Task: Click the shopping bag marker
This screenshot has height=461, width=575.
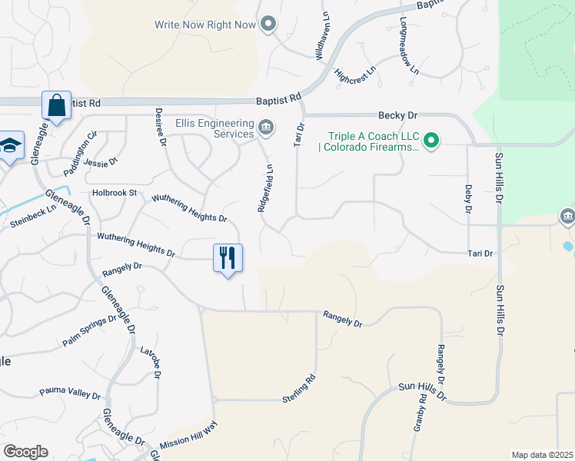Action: point(57,105)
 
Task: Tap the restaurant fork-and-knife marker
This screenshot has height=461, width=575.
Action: point(228,257)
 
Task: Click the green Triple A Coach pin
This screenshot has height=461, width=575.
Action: point(431,139)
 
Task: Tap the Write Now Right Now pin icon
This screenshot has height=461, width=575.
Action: point(268,25)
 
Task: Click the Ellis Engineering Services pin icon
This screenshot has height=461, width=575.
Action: point(266,128)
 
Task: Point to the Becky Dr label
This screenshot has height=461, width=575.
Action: point(397,115)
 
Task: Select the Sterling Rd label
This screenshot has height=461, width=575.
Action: point(300,389)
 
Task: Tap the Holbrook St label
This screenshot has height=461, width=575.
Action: point(114,193)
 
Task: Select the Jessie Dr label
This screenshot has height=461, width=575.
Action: point(100,162)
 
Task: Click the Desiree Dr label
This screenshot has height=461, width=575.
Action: point(161,126)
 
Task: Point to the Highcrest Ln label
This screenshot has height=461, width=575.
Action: point(355,78)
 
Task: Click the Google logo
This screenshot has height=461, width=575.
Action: point(25,452)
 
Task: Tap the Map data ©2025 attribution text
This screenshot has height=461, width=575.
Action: point(542,455)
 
